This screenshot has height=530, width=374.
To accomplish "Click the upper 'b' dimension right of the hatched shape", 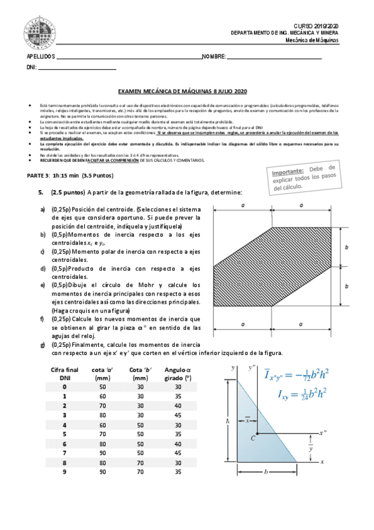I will coord(347,247).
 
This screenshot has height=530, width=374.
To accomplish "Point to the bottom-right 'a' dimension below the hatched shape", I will coord(301,324).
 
